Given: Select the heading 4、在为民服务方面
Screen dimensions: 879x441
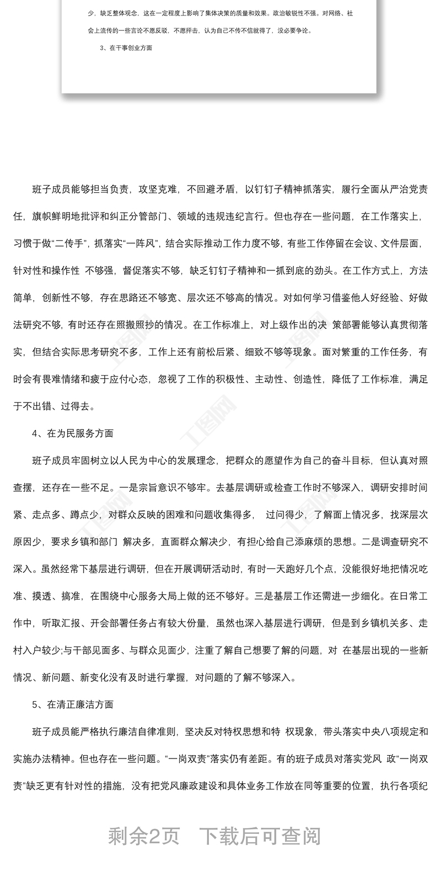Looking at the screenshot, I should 73,433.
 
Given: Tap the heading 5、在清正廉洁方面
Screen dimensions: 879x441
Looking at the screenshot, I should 73,704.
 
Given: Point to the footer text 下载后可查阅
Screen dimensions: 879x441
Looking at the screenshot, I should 260,836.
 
